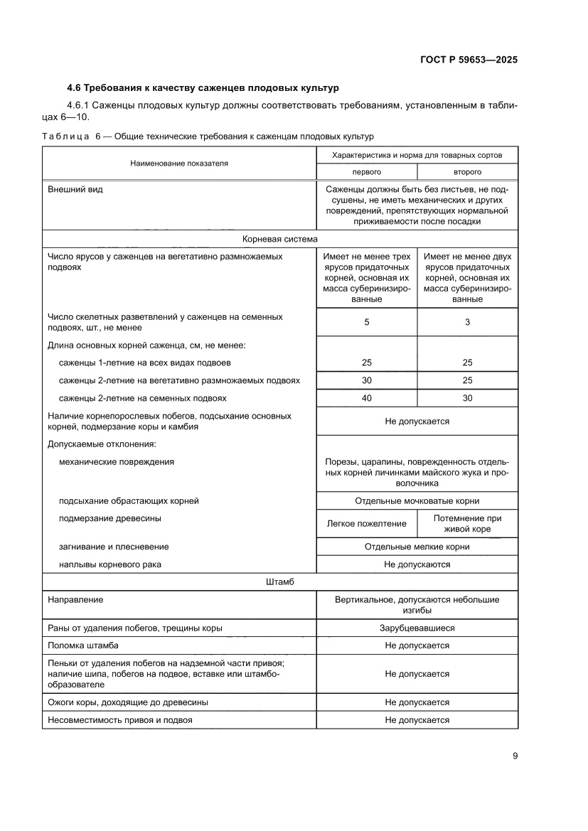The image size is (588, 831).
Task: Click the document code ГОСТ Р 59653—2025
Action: click(463, 60)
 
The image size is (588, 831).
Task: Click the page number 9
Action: click(514, 756)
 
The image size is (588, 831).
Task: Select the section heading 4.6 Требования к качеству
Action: click(203, 88)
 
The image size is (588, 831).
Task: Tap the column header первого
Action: click(366, 172)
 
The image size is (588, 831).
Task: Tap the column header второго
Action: click(467, 172)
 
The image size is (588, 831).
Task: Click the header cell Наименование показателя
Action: click(179, 163)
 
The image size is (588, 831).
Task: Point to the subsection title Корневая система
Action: click(279, 240)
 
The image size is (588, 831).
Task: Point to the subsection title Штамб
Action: click(279, 581)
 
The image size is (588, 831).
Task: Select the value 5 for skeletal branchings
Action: click(366, 322)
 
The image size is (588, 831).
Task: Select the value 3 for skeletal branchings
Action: click(467, 322)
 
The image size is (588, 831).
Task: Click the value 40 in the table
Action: click(366, 398)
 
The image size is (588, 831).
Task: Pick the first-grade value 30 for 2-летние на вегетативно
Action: click(366, 380)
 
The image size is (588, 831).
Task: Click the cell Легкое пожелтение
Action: click(366, 524)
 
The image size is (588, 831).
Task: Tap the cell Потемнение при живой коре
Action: click(467, 524)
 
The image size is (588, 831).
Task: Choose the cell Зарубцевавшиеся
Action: click(417, 628)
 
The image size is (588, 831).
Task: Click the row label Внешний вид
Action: click(75, 191)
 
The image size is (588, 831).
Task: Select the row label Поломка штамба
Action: click(82, 645)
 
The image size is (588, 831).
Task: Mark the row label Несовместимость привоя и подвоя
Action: click(119, 719)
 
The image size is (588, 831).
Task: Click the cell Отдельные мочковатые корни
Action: click(417, 500)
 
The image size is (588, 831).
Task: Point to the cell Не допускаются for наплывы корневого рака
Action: click(417, 564)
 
